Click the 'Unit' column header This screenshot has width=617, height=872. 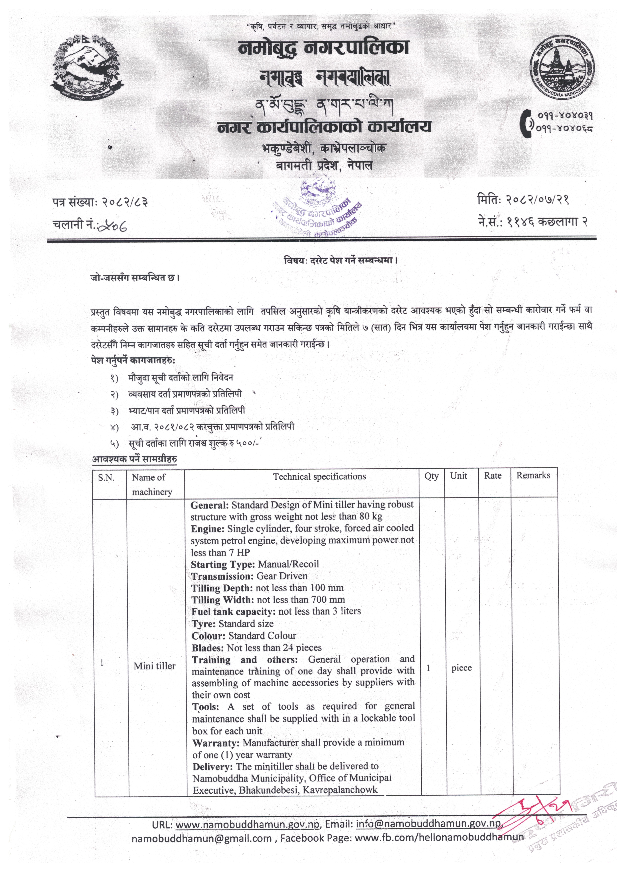[x=459, y=476]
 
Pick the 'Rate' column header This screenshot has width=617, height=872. [x=493, y=476]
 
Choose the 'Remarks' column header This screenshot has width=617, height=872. [x=533, y=475]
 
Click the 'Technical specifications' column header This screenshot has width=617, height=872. [x=319, y=477]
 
